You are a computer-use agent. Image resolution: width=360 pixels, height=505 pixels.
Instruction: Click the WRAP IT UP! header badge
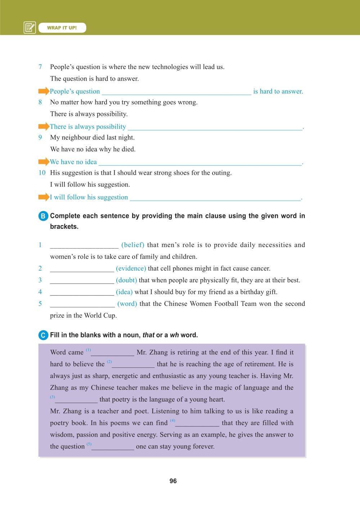tap(62, 28)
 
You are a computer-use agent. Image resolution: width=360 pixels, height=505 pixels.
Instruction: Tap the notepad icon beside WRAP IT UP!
tap(30, 28)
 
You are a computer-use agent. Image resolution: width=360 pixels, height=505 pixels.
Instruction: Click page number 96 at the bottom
tap(173, 481)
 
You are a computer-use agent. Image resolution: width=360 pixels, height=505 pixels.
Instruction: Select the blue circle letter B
tap(43, 216)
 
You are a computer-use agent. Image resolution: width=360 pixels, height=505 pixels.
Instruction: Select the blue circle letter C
tap(43, 335)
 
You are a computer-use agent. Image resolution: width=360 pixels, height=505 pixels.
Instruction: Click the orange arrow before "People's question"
tap(44, 91)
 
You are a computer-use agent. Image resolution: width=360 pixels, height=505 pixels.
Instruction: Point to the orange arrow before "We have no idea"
tap(44, 161)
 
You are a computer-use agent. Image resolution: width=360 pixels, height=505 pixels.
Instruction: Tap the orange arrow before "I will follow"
tap(44, 197)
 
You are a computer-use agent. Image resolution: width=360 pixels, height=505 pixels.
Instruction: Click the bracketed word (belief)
tap(133, 245)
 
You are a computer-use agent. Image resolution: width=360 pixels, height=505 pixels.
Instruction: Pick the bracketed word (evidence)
tap(131, 268)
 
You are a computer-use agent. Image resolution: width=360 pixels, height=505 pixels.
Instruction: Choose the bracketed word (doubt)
tap(126, 280)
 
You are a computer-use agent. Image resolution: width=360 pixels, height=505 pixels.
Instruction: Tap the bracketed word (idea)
tap(124, 292)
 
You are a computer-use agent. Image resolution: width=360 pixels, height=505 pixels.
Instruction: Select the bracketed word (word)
tap(127, 304)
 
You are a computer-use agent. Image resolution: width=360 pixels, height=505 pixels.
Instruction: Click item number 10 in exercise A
tap(42, 173)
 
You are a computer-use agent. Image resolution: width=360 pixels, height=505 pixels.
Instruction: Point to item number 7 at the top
tap(40, 67)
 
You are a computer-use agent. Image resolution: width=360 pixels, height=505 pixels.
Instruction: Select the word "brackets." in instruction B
tap(64, 227)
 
